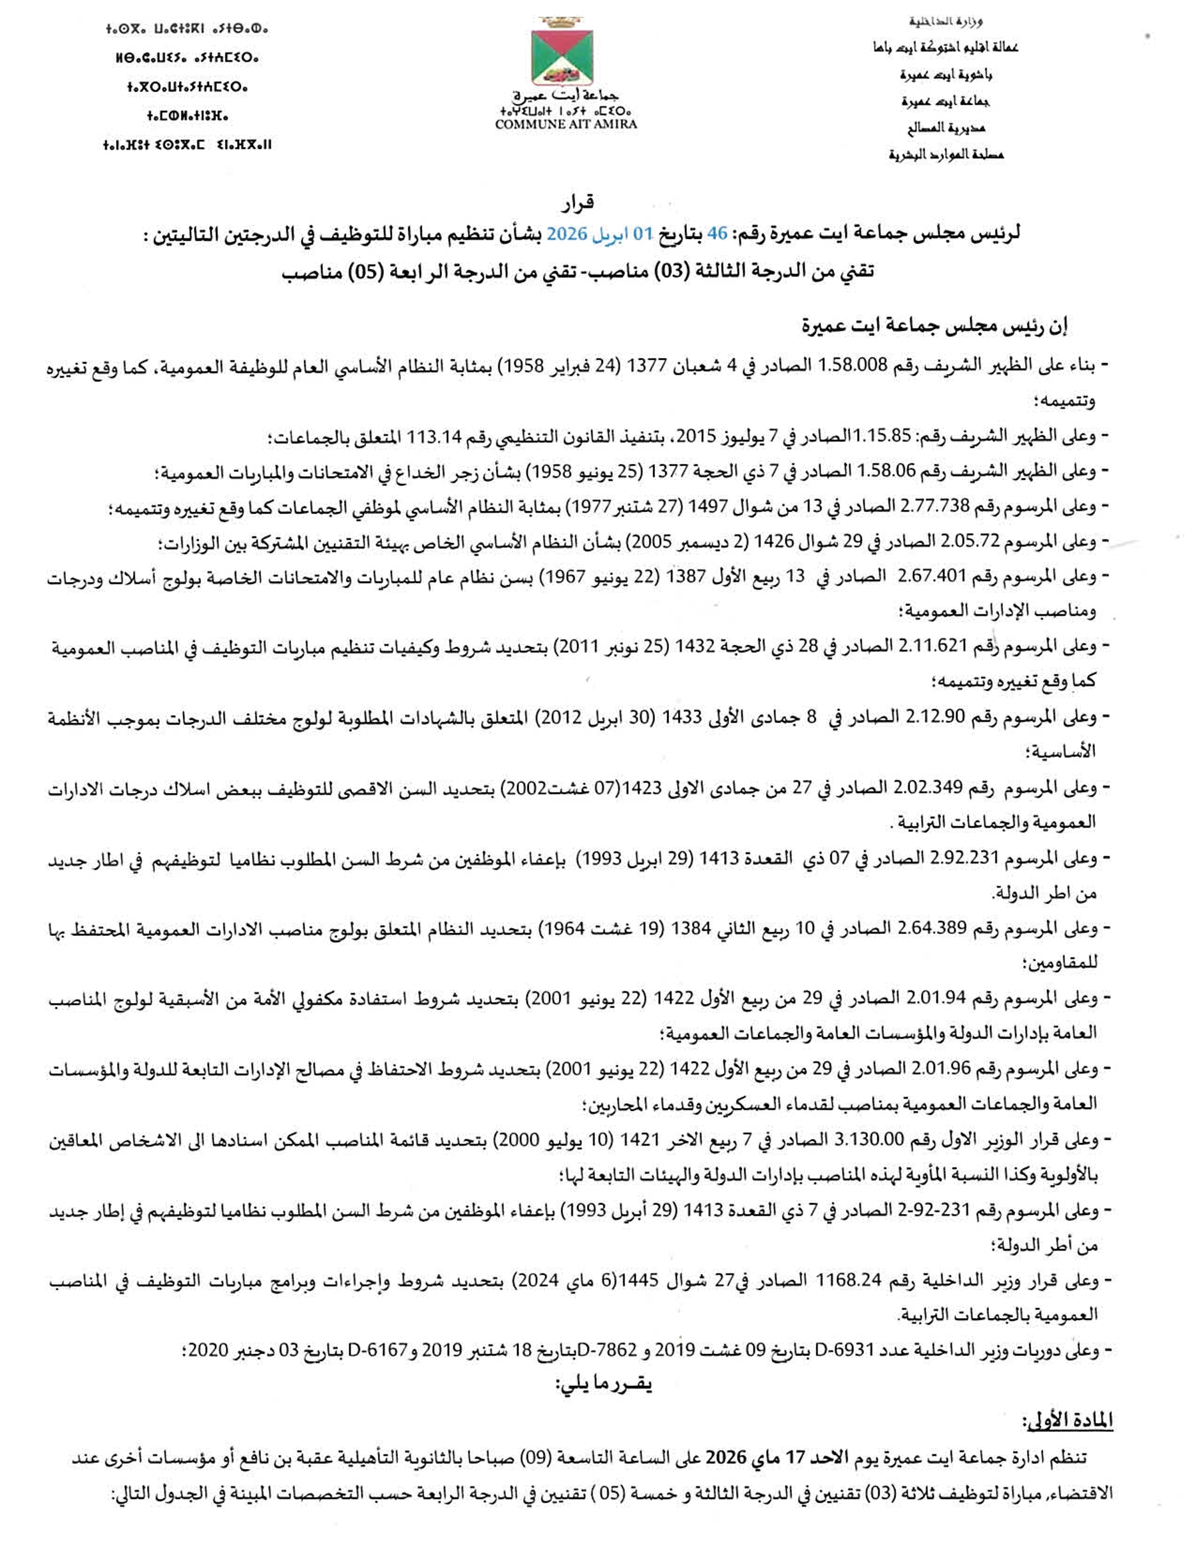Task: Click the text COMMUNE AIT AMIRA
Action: [565, 124]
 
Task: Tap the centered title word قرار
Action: [578, 204]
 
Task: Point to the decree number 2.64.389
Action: [935, 928]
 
